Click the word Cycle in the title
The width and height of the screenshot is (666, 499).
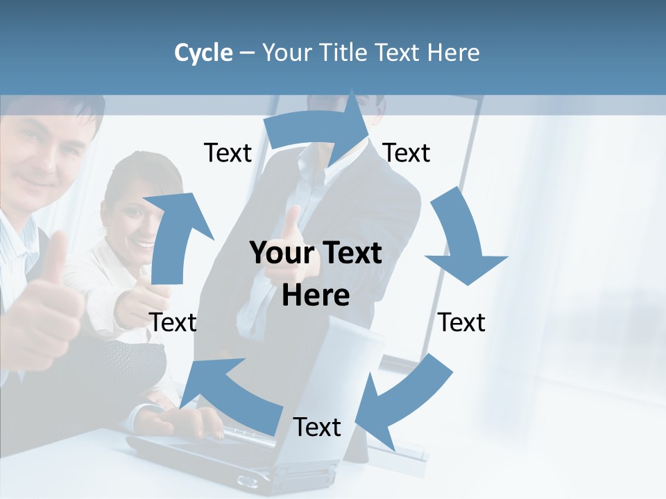tap(203, 53)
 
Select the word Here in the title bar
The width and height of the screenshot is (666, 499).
tap(454, 53)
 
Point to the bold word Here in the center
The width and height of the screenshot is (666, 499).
tap(316, 296)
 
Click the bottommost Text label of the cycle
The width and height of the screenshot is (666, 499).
tap(317, 428)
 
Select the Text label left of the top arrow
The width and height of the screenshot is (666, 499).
tap(228, 153)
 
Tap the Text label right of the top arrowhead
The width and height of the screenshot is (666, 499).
tap(407, 153)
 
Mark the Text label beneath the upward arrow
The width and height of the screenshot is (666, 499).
tap(173, 322)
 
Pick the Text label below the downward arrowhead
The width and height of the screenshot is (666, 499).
tap(462, 322)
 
